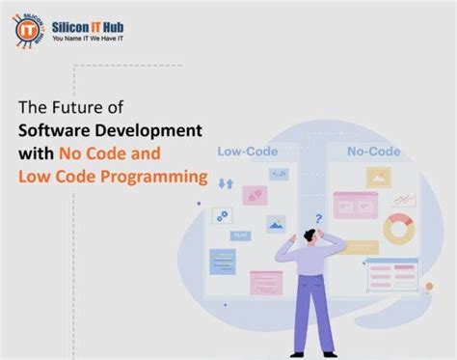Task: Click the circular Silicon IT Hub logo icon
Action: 30,28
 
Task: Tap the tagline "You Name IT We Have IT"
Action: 92,40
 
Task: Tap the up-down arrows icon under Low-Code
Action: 227,182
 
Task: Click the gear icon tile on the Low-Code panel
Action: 222,216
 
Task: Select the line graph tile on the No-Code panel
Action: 405,198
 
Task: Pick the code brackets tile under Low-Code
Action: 280,174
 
